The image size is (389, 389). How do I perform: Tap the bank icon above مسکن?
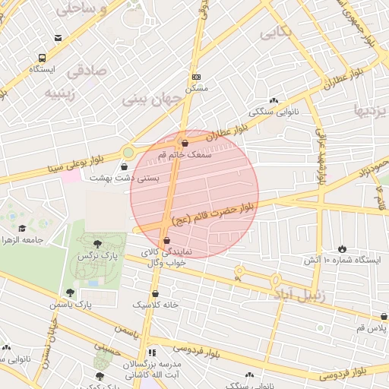point(196,77)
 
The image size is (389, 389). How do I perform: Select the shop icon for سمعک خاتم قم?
point(185,143)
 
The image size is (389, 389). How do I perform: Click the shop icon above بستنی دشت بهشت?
point(125,166)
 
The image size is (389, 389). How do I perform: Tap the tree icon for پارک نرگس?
point(97,244)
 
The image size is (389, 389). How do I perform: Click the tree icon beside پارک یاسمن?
point(70,293)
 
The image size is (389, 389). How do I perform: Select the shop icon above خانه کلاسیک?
point(155,293)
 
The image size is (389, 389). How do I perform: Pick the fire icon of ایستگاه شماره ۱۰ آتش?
point(342,248)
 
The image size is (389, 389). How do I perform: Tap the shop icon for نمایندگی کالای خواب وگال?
point(166,241)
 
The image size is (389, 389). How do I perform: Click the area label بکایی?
point(275,33)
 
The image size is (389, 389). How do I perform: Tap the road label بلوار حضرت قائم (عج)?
point(215,213)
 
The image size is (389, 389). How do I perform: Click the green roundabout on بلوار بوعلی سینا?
point(128,153)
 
